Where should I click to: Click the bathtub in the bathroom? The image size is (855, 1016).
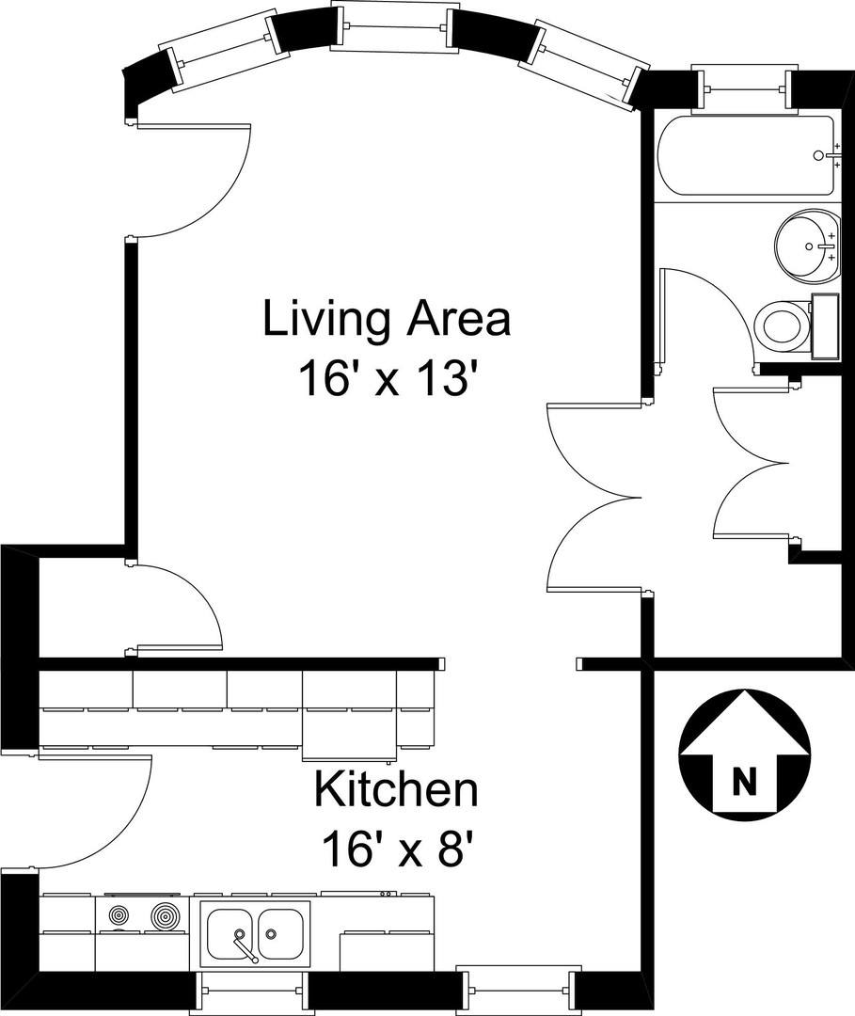[x=746, y=155]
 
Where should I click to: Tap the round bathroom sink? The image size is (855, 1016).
[x=807, y=245]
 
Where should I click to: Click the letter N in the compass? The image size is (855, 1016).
[x=744, y=782]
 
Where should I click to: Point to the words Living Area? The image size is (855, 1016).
[x=387, y=319]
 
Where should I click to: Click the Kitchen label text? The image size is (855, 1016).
[x=396, y=789]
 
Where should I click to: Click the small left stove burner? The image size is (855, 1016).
[x=119, y=916]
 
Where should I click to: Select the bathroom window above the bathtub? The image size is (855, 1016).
[x=744, y=87]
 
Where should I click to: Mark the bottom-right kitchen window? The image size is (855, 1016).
[x=515, y=989]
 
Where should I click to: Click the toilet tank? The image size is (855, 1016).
[x=825, y=325]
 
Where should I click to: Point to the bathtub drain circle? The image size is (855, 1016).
[x=818, y=155]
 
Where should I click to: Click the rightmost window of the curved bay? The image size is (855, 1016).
[x=583, y=61]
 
